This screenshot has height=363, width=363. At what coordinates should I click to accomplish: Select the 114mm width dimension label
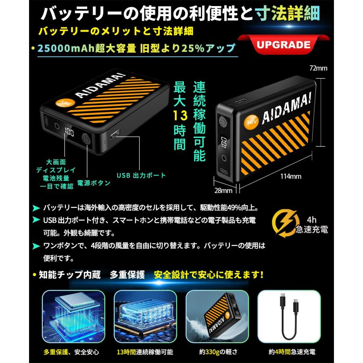click(291, 176)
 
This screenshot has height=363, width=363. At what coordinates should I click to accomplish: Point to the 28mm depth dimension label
click(223, 190)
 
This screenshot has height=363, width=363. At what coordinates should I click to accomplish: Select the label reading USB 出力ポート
click(141, 175)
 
